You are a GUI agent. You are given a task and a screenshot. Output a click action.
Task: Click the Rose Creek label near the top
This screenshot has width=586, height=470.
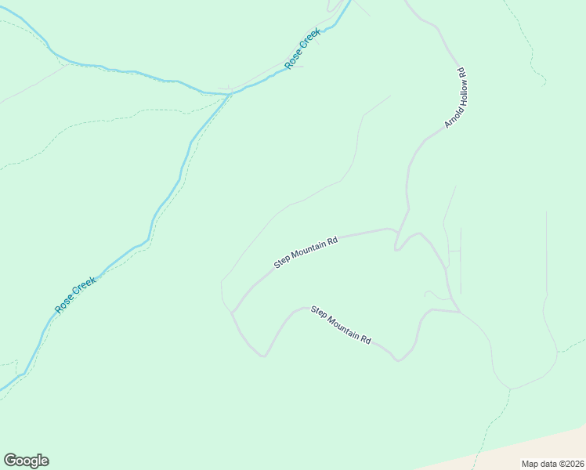click(x=303, y=49)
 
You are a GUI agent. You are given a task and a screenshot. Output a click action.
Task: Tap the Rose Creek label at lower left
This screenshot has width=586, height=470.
click(x=75, y=295)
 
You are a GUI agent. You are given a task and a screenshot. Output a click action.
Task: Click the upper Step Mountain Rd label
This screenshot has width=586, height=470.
click(x=306, y=252)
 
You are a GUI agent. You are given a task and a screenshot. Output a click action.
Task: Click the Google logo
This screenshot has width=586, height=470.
click(x=26, y=461)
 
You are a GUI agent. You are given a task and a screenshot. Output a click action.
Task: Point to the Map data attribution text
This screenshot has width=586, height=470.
click(x=552, y=463)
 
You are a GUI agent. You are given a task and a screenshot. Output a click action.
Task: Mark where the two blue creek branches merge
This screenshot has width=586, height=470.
click(x=230, y=94)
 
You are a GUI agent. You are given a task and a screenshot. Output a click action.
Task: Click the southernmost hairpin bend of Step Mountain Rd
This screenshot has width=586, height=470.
click(x=263, y=355)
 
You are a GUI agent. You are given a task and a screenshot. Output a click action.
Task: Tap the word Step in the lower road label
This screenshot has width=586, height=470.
click(x=318, y=311)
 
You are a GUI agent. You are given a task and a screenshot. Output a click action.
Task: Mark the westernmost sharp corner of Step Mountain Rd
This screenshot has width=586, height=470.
click(x=232, y=313)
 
